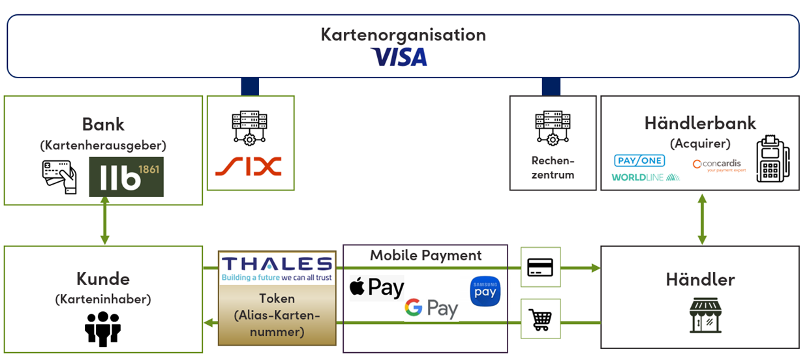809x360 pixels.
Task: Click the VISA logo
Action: pyautogui.click(x=399, y=57)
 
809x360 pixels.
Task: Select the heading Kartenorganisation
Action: pyautogui.click(x=403, y=35)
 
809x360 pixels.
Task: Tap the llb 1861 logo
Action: pyautogui.click(x=126, y=177)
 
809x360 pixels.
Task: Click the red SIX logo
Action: pyautogui.click(x=248, y=166)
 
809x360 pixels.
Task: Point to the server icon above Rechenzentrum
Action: pyautogui.click(x=552, y=128)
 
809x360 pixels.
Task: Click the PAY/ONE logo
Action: pyautogui.click(x=639, y=160)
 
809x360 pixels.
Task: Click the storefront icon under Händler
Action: pyautogui.click(x=700, y=316)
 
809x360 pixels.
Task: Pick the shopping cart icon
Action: pyautogui.click(x=540, y=318)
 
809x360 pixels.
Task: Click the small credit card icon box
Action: pyautogui.click(x=540, y=267)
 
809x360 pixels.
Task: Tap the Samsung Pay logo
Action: pyautogui.click(x=485, y=292)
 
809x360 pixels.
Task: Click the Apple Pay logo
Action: pyautogui.click(x=377, y=287)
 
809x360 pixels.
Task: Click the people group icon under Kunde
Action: pyautogui.click(x=103, y=328)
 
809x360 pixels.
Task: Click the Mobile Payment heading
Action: pyautogui.click(x=425, y=256)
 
